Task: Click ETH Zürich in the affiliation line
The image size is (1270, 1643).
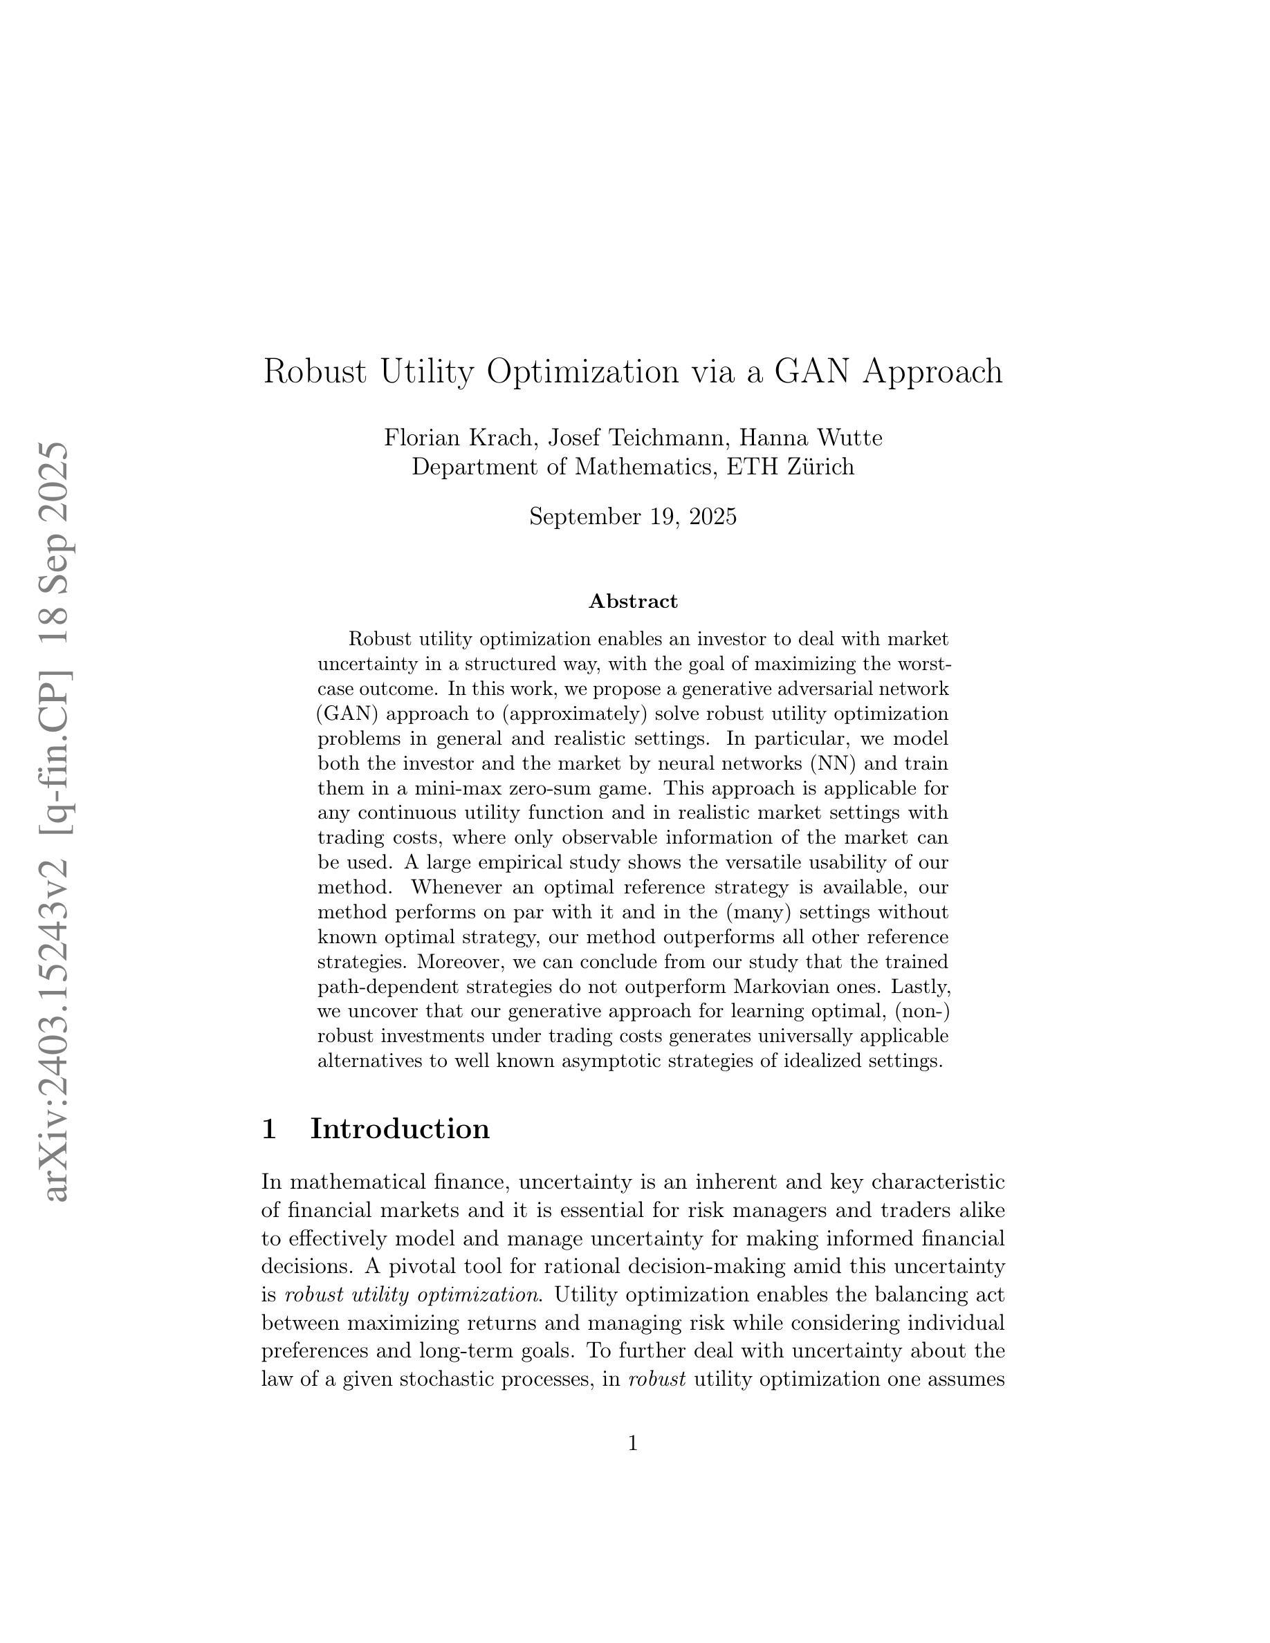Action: (789, 467)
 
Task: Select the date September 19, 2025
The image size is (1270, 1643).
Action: (633, 517)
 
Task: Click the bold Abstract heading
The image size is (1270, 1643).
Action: (633, 601)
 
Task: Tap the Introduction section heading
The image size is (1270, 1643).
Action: (400, 1129)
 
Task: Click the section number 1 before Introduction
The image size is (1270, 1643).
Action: (268, 1129)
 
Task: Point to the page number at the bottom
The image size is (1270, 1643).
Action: (633, 1443)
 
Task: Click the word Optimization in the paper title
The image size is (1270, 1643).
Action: (583, 371)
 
